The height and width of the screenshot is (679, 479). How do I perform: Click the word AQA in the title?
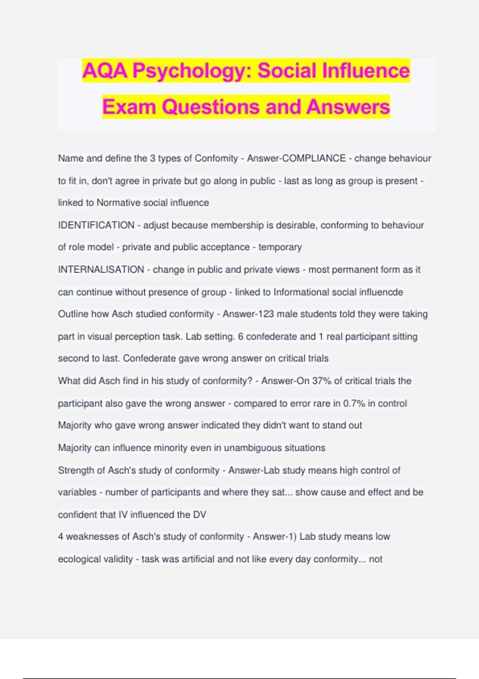(105, 71)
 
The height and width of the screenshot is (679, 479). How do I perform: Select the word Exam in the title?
(129, 107)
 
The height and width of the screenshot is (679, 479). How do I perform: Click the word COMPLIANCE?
(314, 158)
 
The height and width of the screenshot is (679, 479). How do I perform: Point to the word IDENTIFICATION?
(96, 225)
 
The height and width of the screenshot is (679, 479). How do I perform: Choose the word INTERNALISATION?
(101, 270)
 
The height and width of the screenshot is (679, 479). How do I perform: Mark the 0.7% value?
(354, 403)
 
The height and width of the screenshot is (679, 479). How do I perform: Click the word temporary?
(280, 247)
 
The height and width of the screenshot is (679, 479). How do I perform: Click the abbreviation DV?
(200, 515)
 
